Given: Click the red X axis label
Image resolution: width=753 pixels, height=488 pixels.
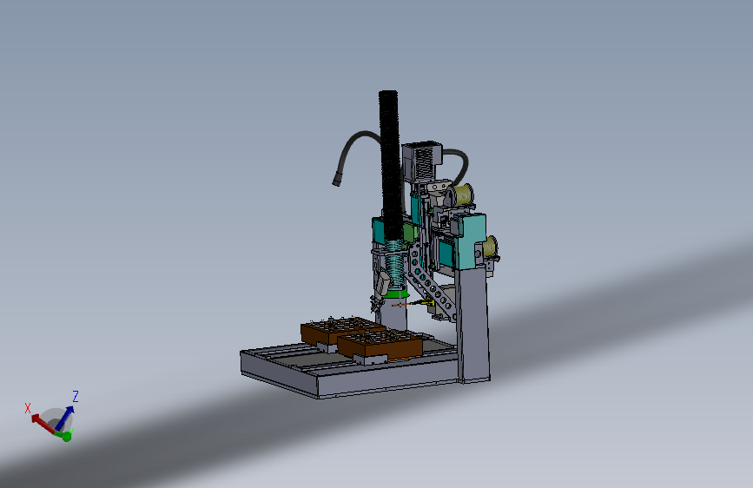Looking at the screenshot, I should tap(28, 407).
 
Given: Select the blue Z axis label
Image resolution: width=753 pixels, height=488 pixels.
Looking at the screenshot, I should tap(76, 397).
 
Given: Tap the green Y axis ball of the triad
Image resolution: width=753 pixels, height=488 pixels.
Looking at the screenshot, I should tap(66, 435).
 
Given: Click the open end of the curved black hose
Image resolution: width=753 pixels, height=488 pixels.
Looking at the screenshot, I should tap(335, 182).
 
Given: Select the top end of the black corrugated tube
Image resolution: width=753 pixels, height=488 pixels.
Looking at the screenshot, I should tap(387, 94).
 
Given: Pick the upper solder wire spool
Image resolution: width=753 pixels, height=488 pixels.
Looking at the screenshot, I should tap(464, 195).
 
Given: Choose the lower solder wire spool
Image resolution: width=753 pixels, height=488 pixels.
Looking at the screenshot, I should tap(492, 247).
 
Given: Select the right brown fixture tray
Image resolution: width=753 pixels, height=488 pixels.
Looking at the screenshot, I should tap(379, 344).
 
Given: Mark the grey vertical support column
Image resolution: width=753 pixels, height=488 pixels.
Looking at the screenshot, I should tap(473, 326).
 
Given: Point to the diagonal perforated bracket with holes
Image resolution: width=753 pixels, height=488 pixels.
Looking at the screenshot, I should tap(432, 282).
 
